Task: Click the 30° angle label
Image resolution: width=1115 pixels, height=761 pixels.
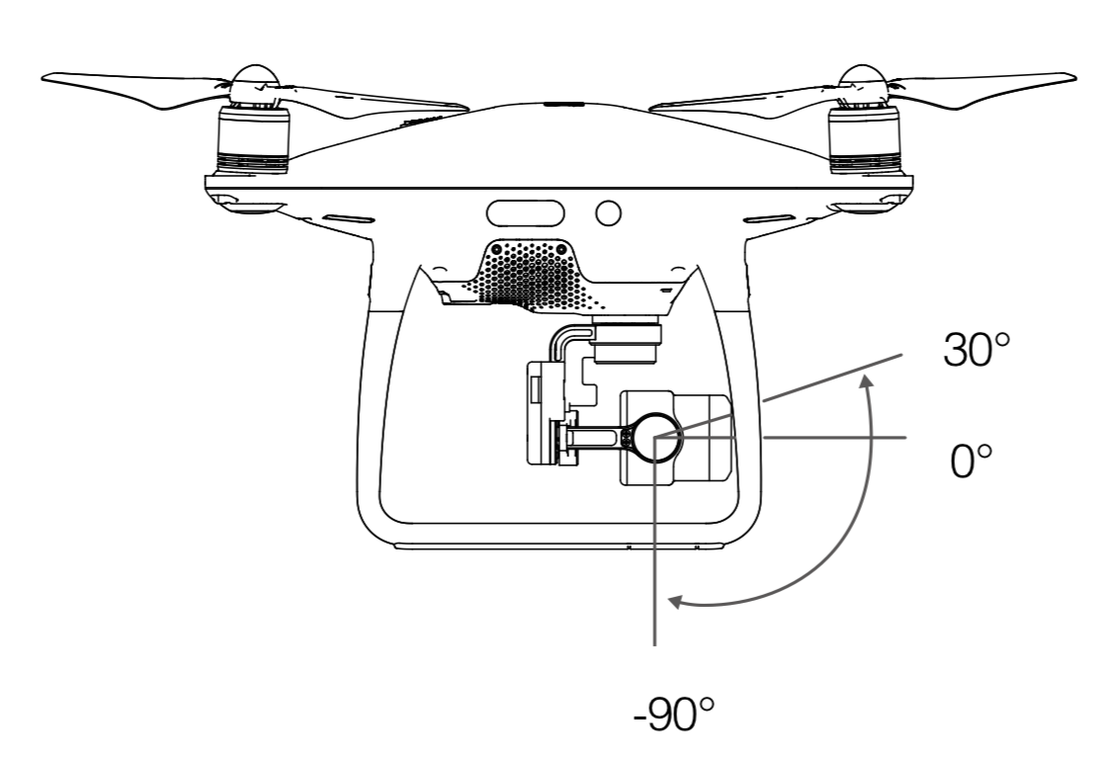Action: [x=976, y=349]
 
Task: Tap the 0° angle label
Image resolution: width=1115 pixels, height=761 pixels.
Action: [x=971, y=461]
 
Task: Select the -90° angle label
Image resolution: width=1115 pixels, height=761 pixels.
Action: [x=673, y=714]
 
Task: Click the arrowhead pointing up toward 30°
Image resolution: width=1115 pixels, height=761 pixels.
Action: [x=865, y=381]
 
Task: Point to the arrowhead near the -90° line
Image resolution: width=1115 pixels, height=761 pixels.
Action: [x=676, y=602]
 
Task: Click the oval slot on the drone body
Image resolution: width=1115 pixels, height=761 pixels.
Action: [x=525, y=212]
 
